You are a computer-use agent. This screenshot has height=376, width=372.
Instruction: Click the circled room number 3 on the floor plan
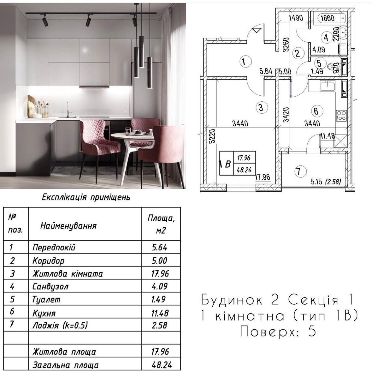click(x=261, y=107)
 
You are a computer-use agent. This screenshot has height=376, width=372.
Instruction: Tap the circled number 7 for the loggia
click(x=299, y=172)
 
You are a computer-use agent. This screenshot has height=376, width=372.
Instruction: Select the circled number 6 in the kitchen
click(x=316, y=111)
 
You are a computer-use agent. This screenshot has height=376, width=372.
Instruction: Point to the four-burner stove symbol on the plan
click(x=341, y=115)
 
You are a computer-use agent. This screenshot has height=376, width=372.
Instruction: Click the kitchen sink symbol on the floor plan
click(x=328, y=86)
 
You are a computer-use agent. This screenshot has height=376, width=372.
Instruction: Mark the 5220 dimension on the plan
click(x=212, y=136)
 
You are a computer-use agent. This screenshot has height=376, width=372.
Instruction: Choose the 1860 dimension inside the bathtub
click(x=327, y=18)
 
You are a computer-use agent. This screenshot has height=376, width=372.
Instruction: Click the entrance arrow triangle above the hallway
click(x=257, y=30)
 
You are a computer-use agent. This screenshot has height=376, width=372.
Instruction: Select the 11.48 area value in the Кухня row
click(x=160, y=313)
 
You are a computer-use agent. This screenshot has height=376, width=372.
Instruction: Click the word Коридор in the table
click(x=48, y=261)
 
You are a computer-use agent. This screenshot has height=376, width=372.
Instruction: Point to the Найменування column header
click(x=68, y=226)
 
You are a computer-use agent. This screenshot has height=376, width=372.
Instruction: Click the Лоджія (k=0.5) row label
click(x=60, y=325)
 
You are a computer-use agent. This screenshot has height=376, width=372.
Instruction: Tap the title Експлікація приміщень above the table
click(x=86, y=197)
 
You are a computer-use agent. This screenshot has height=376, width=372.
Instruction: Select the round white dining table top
click(x=133, y=136)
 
